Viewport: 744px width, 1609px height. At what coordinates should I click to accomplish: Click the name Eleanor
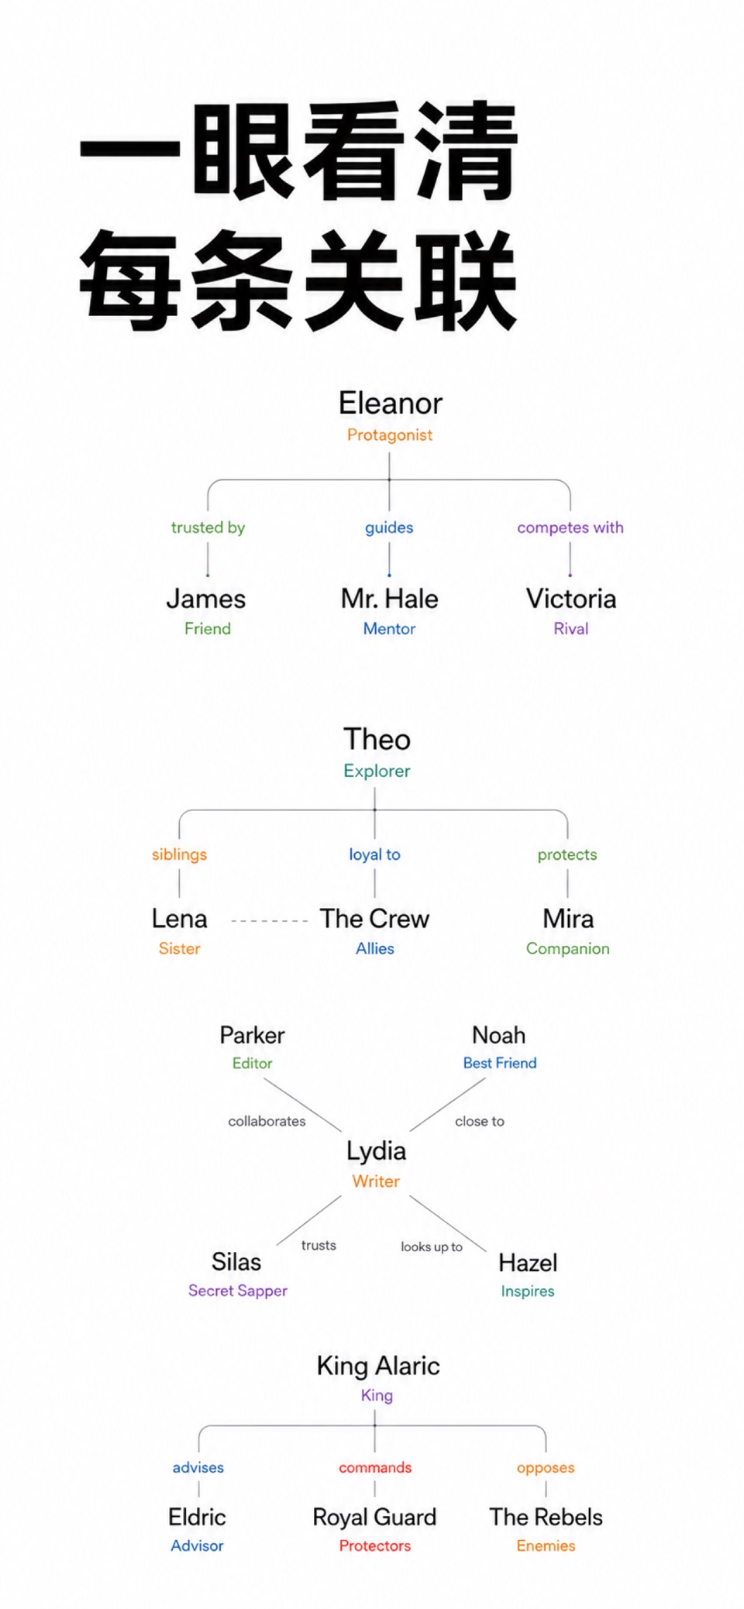[x=390, y=403]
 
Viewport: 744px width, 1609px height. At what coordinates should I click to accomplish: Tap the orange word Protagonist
[x=390, y=435]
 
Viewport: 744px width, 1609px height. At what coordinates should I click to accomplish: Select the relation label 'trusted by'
[x=208, y=528]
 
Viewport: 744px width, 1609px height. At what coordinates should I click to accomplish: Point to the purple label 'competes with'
[x=570, y=528]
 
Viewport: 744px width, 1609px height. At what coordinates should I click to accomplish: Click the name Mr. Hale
[x=390, y=599]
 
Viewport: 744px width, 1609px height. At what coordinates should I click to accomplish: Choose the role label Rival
[x=571, y=629]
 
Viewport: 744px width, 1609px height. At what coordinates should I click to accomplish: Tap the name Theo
[x=377, y=739]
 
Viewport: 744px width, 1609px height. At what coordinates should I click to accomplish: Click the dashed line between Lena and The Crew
[x=270, y=920]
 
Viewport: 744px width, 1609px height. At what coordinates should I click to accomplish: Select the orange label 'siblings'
[x=179, y=854]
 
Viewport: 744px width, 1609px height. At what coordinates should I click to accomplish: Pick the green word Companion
[x=568, y=949]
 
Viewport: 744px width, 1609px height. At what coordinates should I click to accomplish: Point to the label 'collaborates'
[x=267, y=1121]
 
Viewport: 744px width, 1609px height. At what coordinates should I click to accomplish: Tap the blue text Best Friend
[x=500, y=1063]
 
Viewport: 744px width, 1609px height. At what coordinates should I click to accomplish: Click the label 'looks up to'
[x=432, y=1247]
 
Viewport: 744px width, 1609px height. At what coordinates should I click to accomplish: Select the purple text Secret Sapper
[x=238, y=1291]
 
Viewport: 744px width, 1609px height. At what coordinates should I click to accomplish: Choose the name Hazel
[x=528, y=1263]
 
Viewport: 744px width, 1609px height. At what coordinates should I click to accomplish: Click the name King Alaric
[x=378, y=1366]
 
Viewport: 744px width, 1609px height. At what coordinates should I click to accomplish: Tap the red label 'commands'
[x=375, y=1467]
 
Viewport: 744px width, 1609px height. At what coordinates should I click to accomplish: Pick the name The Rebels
[x=546, y=1517]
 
